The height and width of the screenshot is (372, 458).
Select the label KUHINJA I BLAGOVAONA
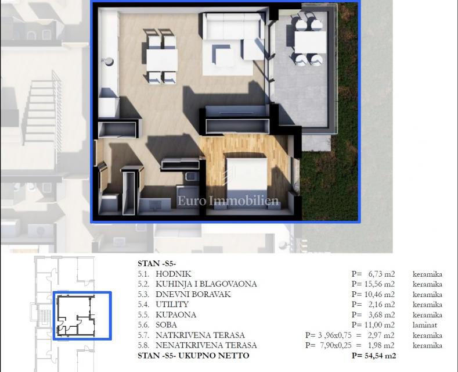tap(205, 284)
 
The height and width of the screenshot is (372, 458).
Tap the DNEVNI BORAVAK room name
tap(193, 294)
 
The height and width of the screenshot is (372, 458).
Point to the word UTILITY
tap(172, 305)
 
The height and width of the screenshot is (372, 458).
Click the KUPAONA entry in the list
tap(176, 314)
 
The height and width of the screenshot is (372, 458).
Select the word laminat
tap(425, 325)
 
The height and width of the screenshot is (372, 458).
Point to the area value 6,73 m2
tap(381, 274)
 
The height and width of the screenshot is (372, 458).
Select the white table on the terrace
tap(309, 42)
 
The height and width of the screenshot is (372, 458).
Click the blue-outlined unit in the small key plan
tap(82, 316)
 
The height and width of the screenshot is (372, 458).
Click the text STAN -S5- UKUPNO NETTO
tap(193, 355)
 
